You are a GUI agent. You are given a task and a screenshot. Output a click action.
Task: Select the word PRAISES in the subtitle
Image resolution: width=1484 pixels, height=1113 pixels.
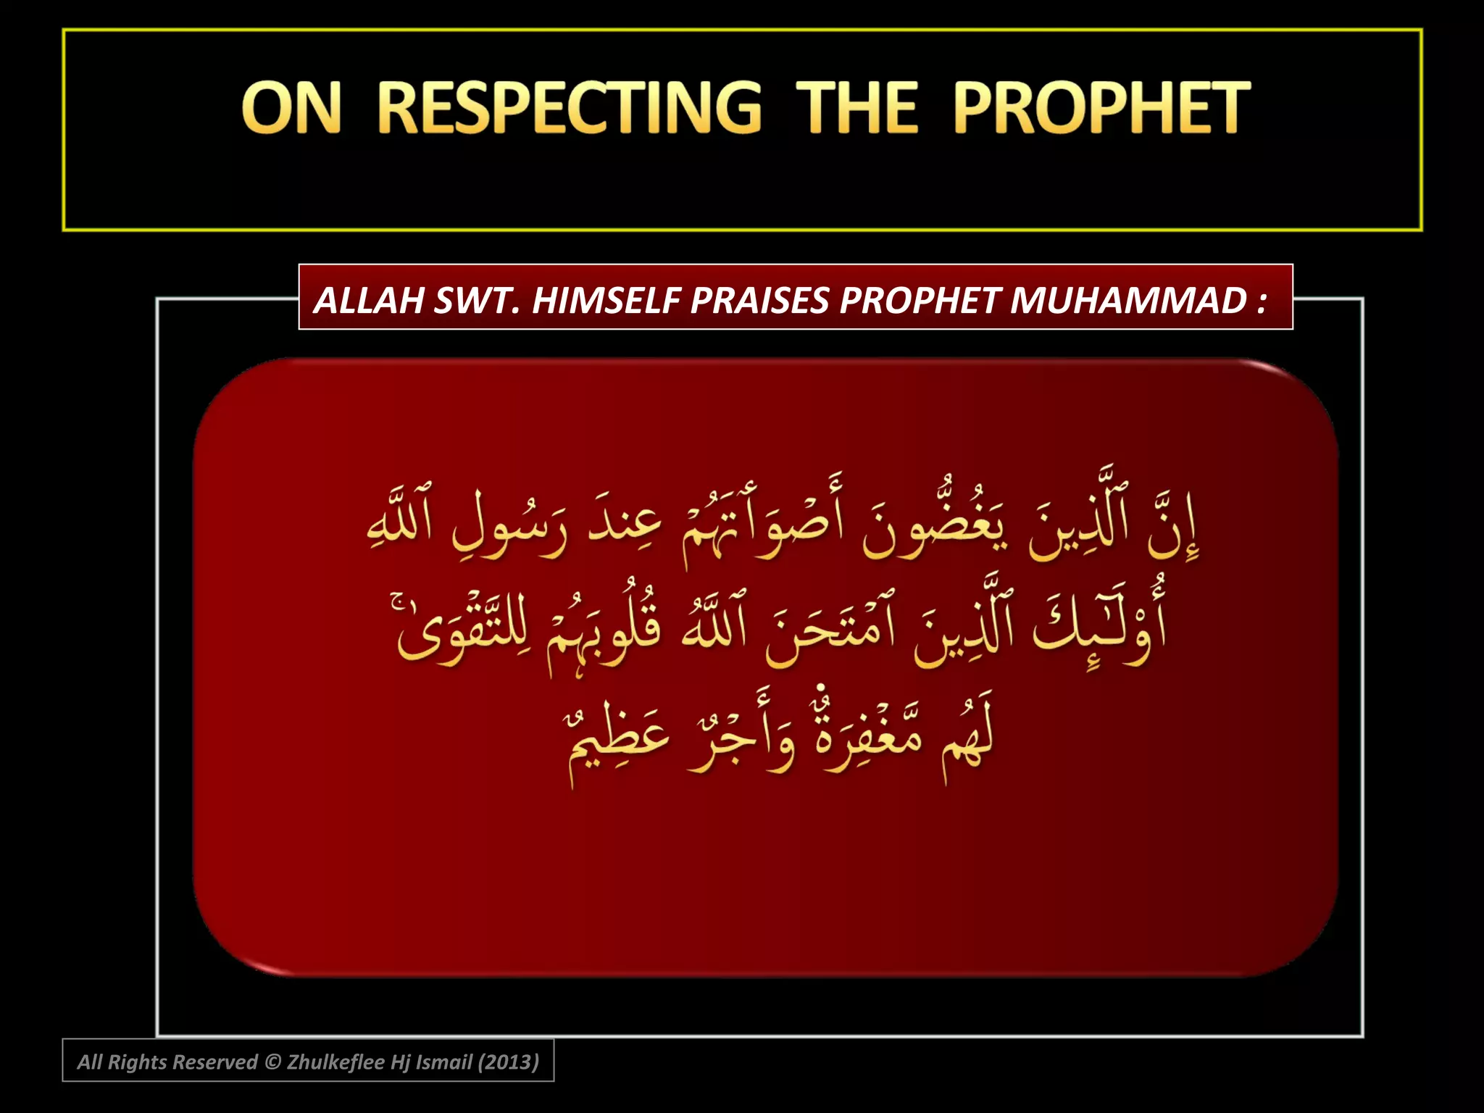point(760,300)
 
